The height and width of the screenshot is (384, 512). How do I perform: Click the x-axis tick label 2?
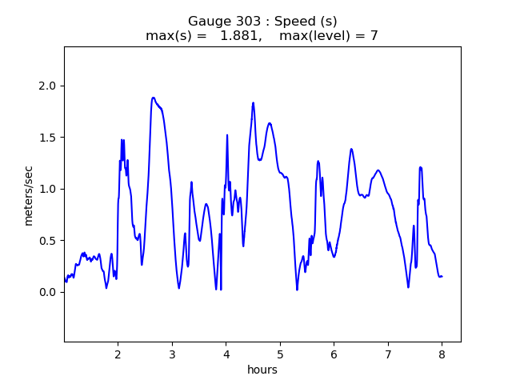118,354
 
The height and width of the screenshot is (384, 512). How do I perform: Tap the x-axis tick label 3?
172,354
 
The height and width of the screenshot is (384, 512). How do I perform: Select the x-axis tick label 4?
226,354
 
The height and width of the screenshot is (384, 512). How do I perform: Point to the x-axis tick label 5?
280,354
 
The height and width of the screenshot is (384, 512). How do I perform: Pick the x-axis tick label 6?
334,354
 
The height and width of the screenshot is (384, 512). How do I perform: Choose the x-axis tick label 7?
388,354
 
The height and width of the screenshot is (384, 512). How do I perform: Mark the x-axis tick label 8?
442,354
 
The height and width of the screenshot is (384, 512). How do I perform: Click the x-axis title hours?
262,370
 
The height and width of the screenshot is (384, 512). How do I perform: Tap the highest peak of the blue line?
153,98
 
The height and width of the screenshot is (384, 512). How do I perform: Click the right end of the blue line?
442,276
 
